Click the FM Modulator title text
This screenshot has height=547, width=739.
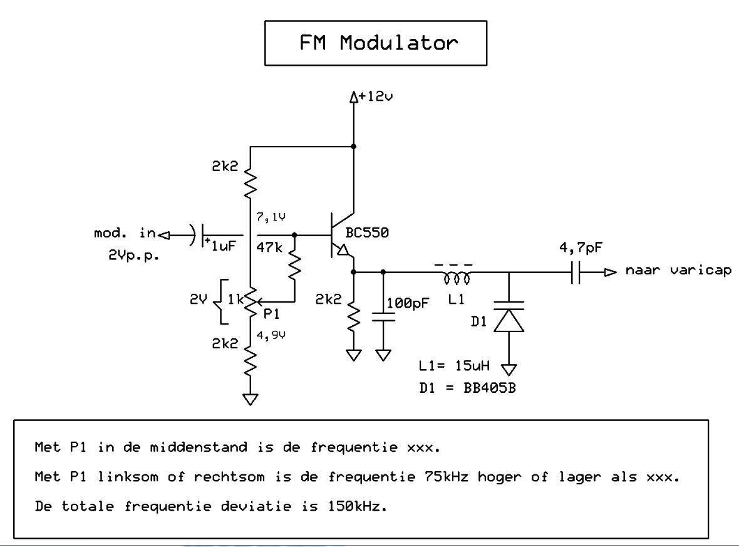coord(378,43)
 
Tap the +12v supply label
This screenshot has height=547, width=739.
coord(376,96)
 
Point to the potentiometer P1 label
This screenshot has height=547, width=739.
coord(271,313)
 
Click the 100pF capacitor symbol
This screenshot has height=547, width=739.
coord(383,317)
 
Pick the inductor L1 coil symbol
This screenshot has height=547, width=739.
coord(457,279)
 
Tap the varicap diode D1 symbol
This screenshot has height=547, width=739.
coord(509,316)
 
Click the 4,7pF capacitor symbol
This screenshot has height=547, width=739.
coord(576,273)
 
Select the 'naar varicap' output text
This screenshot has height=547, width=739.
coord(678,270)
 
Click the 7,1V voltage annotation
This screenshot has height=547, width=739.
coord(271,217)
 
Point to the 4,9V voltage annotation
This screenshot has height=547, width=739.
coord(271,335)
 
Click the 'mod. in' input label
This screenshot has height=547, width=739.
coord(125,233)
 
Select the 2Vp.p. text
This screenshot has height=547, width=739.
coord(134,255)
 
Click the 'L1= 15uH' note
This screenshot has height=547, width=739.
coord(454,365)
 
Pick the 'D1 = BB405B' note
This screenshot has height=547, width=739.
coord(468,388)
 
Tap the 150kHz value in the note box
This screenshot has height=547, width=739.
coord(357,506)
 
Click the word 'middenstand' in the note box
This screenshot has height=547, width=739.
coord(199,447)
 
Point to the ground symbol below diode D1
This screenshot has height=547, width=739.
coord(509,370)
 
